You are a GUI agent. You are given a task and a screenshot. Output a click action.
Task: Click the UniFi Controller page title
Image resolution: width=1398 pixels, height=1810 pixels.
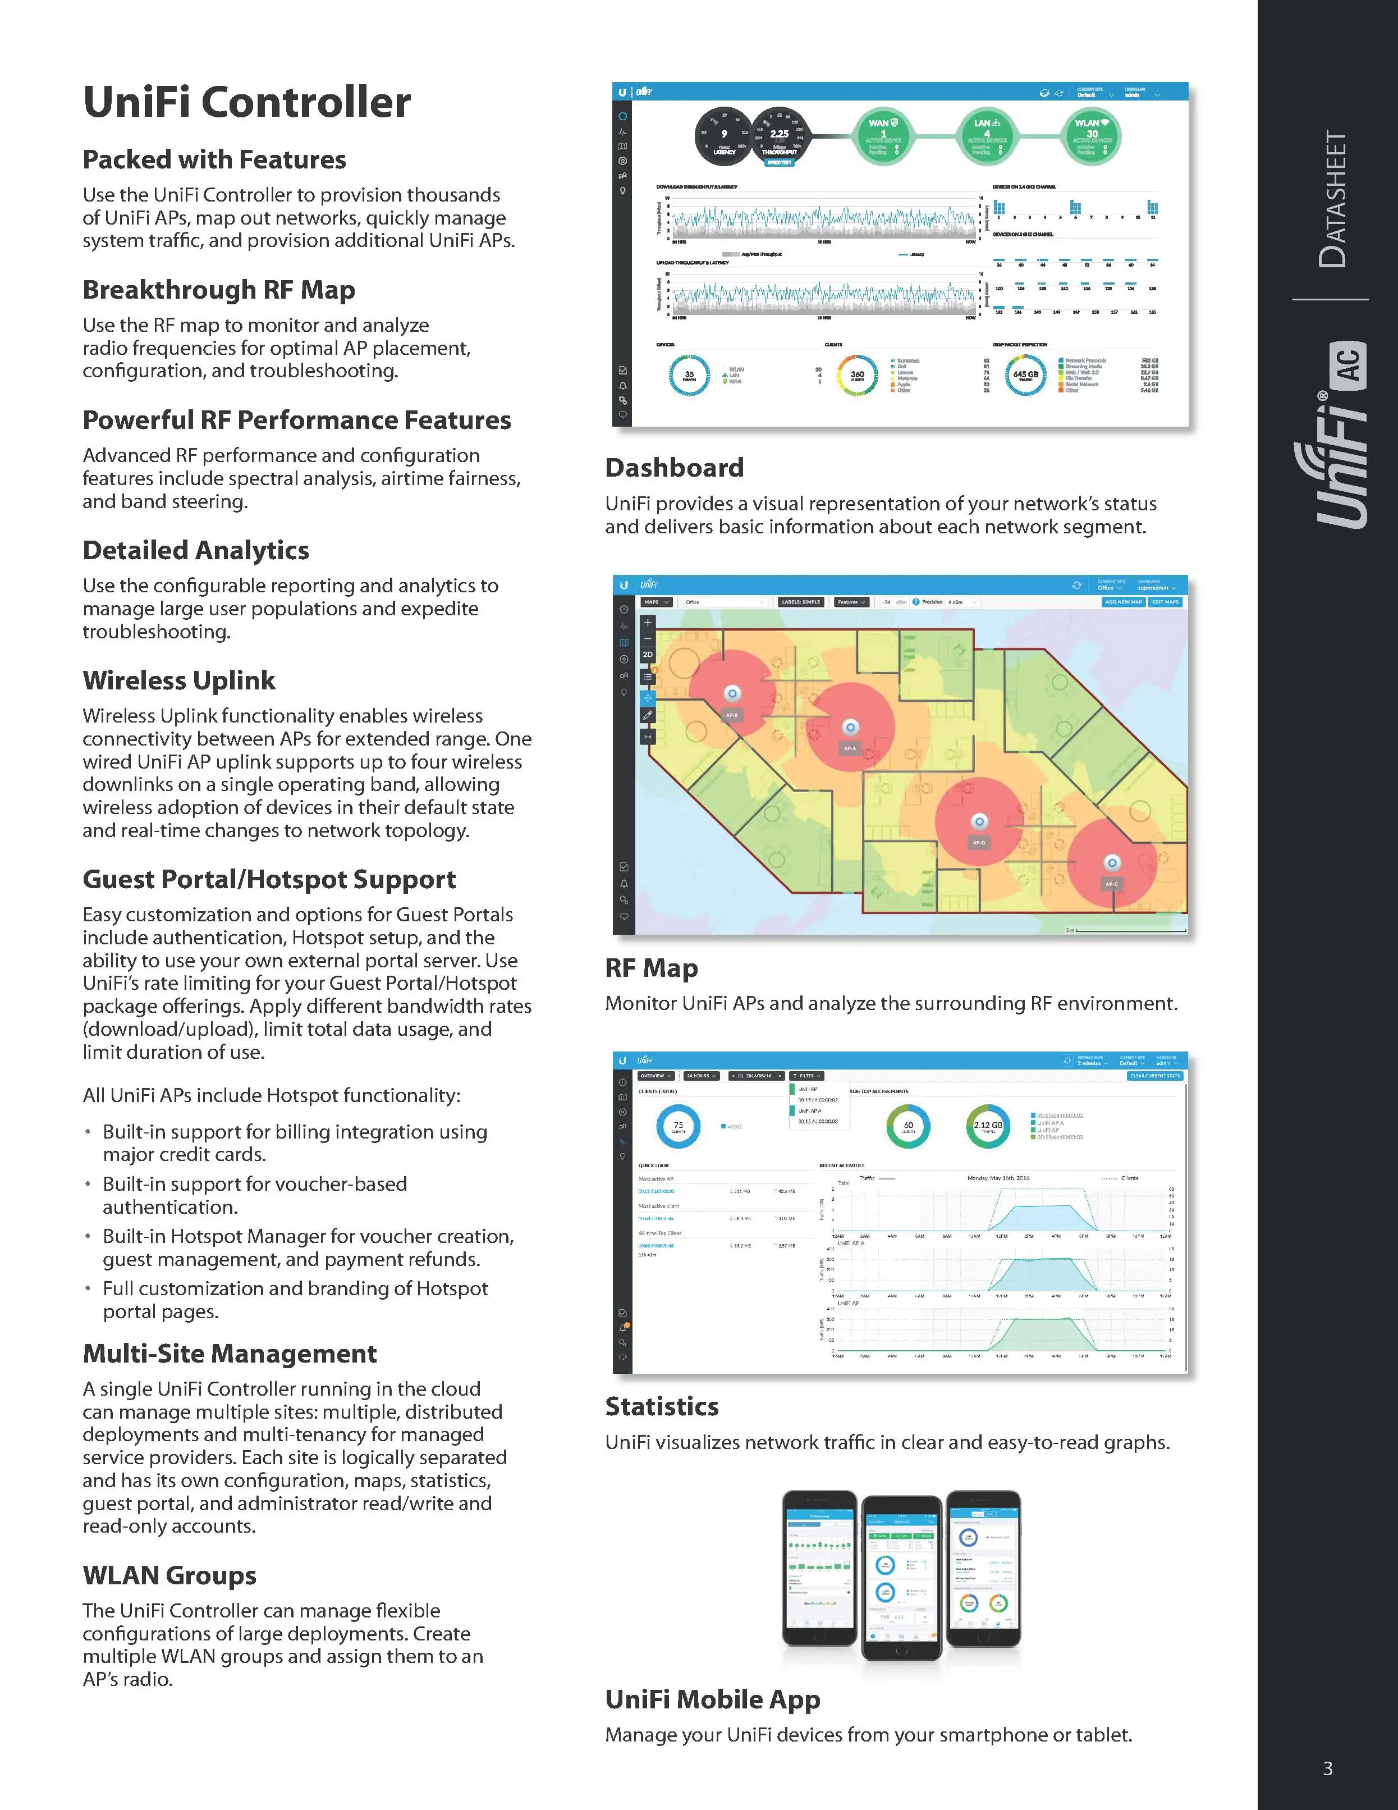click(x=247, y=103)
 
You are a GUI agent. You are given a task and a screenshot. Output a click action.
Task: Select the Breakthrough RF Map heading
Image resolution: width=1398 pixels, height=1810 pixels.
click(x=219, y=290)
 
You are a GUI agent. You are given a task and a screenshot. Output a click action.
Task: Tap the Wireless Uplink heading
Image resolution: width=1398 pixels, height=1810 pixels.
click(x=179, y=680)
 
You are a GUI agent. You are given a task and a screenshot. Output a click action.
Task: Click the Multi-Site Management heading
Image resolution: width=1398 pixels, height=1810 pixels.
click(x=230, y=1354)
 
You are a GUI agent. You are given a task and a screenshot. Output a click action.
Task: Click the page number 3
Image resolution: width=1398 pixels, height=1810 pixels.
click(x=1327, y=1768)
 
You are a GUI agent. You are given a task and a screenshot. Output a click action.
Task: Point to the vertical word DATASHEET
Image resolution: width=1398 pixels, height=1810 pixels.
click(x=1333, y=199)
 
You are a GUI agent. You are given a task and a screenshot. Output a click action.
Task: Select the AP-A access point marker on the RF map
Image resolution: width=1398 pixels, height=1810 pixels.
click(x=850, y=728)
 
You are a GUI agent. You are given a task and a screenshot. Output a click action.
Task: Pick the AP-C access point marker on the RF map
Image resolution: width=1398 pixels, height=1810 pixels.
click(x=1112, y=863)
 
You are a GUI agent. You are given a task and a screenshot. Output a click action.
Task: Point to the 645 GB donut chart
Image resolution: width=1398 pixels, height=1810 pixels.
click(x=1026, y=374)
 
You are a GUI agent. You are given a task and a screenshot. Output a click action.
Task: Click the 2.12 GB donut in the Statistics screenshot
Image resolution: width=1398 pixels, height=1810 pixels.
click(x=988, y=1126)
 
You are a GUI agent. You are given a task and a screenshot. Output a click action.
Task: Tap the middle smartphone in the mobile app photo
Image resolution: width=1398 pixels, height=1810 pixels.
click(x=902, y=1577)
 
